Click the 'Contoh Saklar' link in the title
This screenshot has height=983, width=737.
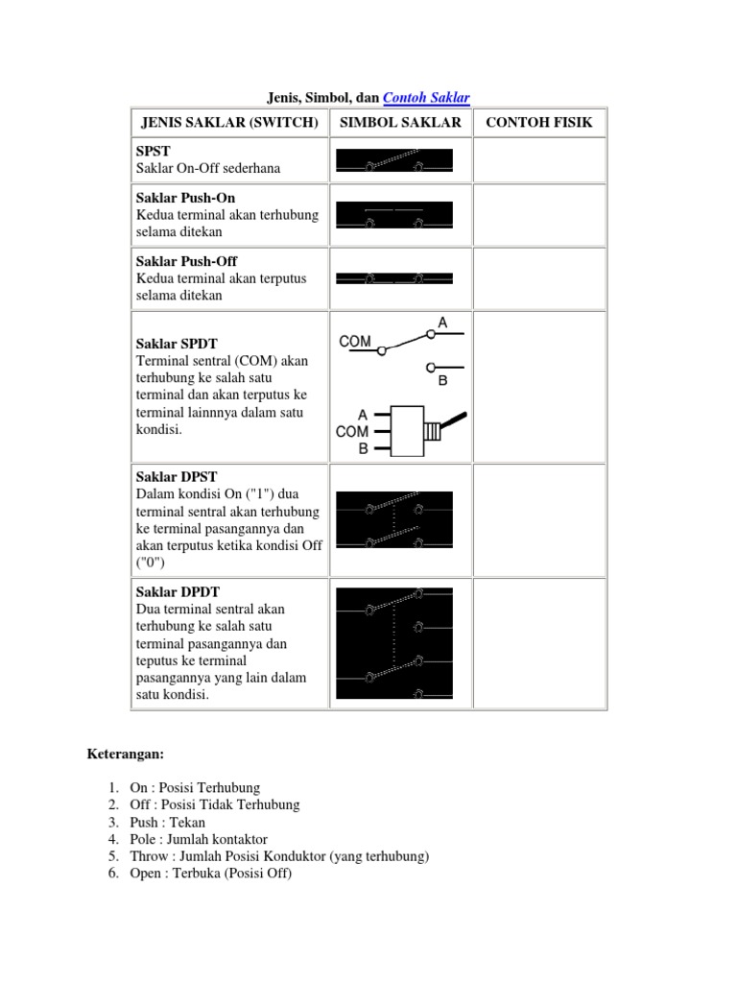[426, 97]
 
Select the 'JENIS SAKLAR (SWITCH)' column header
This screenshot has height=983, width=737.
[228, 123]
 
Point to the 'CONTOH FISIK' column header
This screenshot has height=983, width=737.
[539, 123]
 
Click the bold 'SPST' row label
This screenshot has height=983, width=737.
[153, 152]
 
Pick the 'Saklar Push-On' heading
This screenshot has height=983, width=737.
[186, 198]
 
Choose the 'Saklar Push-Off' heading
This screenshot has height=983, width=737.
[187, 261]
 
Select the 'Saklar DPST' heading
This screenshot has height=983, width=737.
[178, 476]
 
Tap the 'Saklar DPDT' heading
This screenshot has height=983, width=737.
[178, 591]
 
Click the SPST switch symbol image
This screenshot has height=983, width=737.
[393, 160]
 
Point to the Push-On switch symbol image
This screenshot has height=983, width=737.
[393, 215]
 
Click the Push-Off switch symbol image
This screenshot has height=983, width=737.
[393, 278]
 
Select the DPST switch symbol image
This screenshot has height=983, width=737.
[393, 519]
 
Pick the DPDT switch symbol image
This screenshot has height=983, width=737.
[393, 642]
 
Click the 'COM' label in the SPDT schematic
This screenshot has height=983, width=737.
[355, 341]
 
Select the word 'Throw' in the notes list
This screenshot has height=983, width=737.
[148, 856]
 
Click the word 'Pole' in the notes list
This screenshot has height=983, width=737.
[144, 839]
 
